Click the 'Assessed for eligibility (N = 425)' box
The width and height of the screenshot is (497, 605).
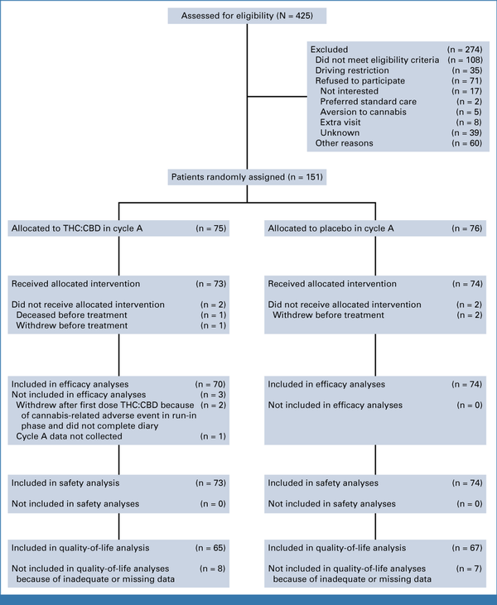[x=247, y=16]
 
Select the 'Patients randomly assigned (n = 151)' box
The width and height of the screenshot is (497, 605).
[x=247, y=177]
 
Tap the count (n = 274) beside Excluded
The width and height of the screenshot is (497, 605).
[x=465, y=50]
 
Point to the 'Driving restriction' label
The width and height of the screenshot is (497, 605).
[x=352, y=70]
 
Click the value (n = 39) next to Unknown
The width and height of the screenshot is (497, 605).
[x=466, y=132]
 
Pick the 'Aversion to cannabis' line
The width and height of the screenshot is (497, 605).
[x=363, y=112]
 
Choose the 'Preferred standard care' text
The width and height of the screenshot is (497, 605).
[x=368, y=102]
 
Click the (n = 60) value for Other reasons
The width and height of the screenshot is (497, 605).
[x=466, y=143]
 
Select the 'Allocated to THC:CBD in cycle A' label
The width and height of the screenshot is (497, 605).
[x=77, y=228]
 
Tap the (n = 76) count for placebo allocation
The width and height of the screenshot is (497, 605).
[x=467, y=228]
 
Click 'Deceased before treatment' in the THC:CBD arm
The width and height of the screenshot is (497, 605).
[x=71, y=315]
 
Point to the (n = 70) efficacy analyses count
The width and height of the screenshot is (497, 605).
[x=210, y=384]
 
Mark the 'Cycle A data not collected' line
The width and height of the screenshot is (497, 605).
[x=69, y=436]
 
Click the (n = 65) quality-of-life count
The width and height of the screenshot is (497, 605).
[x=210, y=548]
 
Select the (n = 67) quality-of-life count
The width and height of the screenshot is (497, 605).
[x=467, y=548]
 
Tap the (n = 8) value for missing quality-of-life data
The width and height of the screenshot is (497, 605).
[x=212, y=569]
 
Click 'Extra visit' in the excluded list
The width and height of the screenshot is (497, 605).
[x=340, y=122]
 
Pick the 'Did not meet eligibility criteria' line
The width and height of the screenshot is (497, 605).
[x=377, y=60]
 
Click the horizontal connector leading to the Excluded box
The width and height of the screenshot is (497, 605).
[x=277, y=97]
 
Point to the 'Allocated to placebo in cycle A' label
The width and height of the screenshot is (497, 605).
[x=331, y=228]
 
